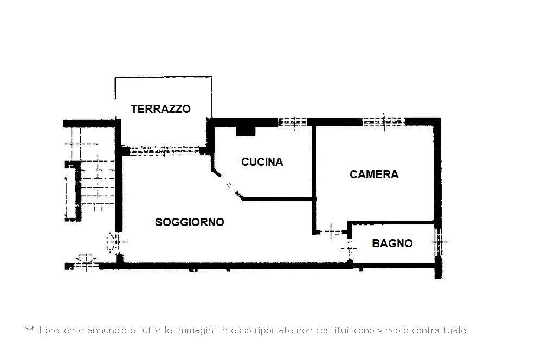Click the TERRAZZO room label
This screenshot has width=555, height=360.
coord(160,108)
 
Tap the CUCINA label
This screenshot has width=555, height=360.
coord(262,162)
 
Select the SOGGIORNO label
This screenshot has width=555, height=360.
coord(190,222)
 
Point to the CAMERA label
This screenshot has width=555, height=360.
coord(374,175)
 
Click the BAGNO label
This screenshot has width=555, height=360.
coord(392,243)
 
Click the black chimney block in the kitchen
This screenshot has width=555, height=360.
coord(246,130)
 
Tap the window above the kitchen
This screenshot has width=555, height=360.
coord(293,122)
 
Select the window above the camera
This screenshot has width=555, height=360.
coord(384,122)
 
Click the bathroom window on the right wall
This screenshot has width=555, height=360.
coord(438,242)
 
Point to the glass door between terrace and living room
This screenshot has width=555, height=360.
coord(165,151)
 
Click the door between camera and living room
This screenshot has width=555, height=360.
coord(331,232)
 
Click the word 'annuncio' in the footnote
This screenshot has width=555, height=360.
coord(107,330)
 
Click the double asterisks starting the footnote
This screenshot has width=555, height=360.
coord(29,330)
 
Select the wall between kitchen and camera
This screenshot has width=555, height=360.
coord(314,179)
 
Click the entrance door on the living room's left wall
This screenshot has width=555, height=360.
coord(115,242)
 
